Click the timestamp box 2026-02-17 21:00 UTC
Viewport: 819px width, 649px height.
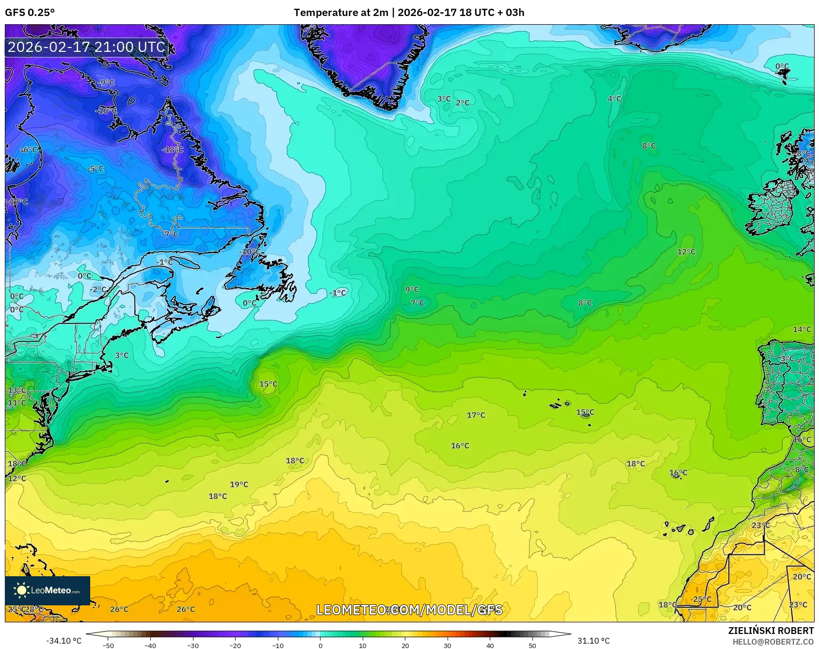pyautogui.click(x=86, y=47)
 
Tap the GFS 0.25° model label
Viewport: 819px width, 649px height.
pyautogui.click(x=30, y=13)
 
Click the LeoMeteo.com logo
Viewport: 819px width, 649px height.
pyautogui.click(x=48, y=590)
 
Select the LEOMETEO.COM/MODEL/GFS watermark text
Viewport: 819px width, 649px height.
pyautogui.click(x=409, y=610)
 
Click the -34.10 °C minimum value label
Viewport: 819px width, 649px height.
pyautogui.click(x=64, y=641)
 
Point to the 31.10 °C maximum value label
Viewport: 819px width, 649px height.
pyautogui.click(x=593, y=641)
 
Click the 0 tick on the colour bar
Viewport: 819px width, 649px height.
pyautogui.click(x=320, y=645)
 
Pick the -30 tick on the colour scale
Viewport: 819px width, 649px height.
pyautogui.click(x=193, y=645)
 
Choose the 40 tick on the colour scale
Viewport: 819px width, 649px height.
pyautogui.click(x=490, y=645)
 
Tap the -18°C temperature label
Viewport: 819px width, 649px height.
pyautogui.click(x=173, y=150)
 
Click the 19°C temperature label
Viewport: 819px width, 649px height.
pyautogui.click(x=239, y=484)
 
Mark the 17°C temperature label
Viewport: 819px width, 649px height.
pyautogui.click(x=476, y=415)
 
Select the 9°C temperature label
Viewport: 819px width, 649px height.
pyautogui.click(x=412, y=289)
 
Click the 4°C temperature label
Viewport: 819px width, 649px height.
pyautogui.click(x=614, y=98)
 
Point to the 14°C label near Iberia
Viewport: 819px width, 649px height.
pyautogui.click(x=802, y=329)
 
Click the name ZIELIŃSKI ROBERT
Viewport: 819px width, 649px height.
pyautogui.click(x=771, y=631)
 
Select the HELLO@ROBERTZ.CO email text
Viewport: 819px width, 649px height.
pyautogui.click(x=773, y=642)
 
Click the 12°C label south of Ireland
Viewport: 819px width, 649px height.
pyautogui.click(x=686, y=251)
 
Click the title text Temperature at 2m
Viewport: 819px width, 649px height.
pyautogui.click(x=341, y=13)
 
